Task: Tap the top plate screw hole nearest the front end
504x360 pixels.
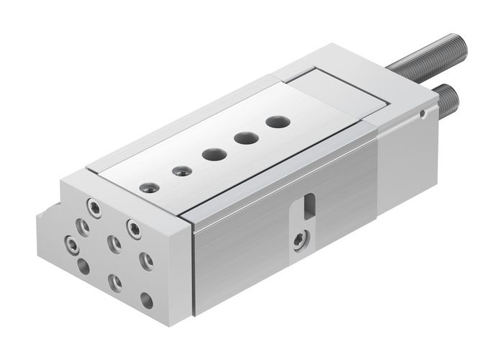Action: click(x=148, y=188)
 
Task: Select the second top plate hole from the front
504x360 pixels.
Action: click(x=179, y=171)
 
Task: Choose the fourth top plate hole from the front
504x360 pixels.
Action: click(x=246, y=137)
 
